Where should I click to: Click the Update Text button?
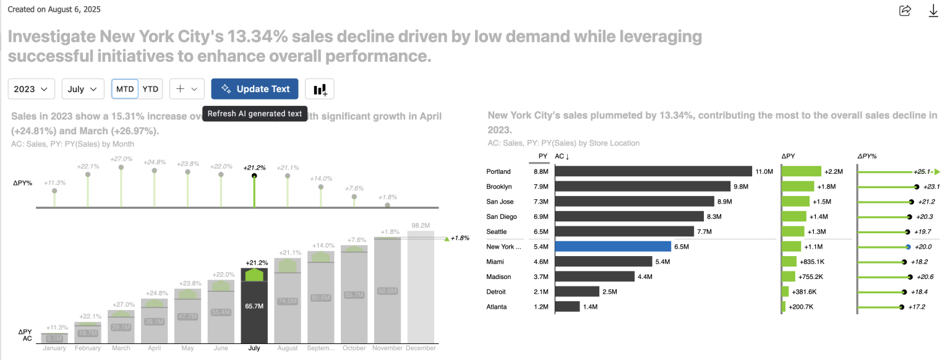coord(254,89)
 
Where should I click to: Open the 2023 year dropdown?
coord(32,89)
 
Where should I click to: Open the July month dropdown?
coord(83,89)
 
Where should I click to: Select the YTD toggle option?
coord(150,89)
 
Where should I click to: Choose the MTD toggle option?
coord(125,89)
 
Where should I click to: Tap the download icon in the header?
coord(934,11)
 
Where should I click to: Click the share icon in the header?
coord(905,11)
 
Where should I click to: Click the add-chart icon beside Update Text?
coord(320,89)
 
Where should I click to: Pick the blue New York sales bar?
coord(612,246)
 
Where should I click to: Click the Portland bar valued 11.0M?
coord(653,171)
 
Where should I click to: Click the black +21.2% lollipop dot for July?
coord(254,176)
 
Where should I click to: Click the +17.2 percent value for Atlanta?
coord(917,307)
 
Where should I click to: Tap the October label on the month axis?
coord(354,348)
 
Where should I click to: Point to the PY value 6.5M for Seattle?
coord(541,231)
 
